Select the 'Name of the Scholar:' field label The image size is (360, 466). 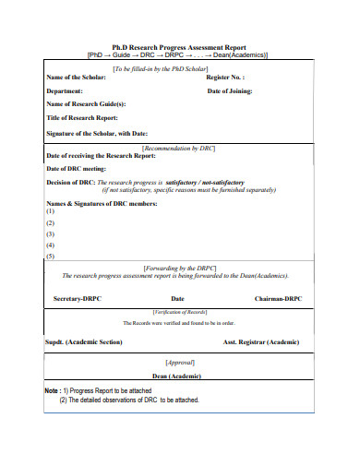82,78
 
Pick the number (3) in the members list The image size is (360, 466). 50,233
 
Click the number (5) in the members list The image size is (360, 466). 50,256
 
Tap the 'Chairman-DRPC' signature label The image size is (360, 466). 278,299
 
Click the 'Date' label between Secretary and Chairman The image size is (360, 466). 177,299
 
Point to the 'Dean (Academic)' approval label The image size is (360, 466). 178,376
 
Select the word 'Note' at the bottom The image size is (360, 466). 53,390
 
